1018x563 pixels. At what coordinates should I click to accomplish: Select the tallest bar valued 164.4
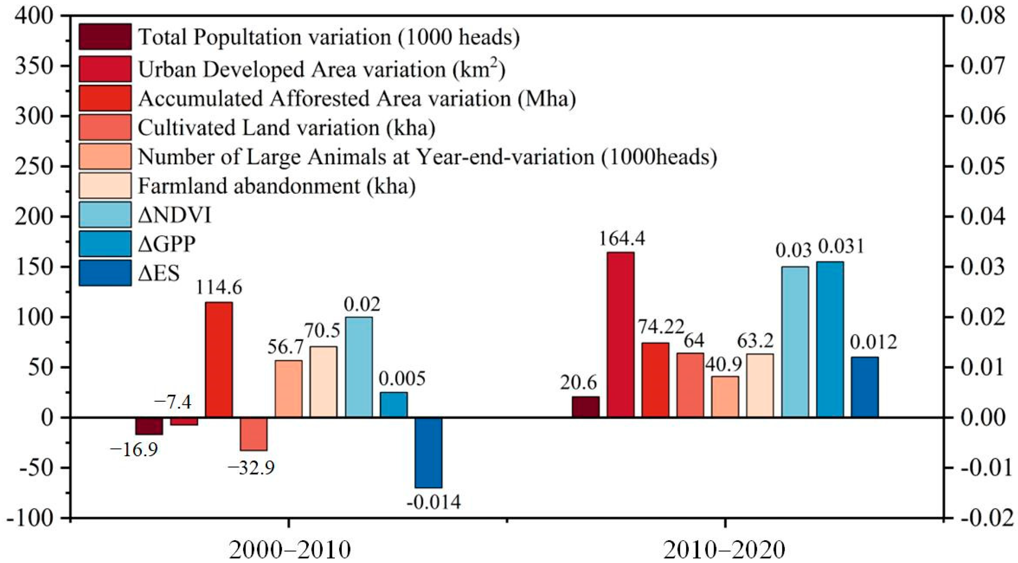click(x=620, y=335)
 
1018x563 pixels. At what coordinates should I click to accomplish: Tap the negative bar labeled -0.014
click(x=429, y=452)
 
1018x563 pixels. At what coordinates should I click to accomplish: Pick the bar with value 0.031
click(x=830, y=339)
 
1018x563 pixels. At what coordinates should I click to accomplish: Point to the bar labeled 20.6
click(x=586, y=407)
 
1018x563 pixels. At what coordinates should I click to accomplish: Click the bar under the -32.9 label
click(x=253, y=434)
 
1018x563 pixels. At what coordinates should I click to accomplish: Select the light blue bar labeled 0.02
click(x=359, y=367)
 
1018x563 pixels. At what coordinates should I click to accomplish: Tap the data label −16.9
click(x=134, y=450)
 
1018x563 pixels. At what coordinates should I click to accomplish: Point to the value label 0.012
click(x=873, y=343)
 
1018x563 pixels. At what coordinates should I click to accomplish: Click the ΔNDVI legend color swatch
click(x=105, y=215)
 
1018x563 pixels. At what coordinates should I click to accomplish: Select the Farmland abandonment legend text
click(x=277, y=186)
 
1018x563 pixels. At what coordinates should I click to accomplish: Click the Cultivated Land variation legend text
click(x=286, y=128)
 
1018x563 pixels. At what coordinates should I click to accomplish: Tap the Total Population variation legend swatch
click(x=105, y=37)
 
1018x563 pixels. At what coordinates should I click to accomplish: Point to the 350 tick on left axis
click(x=34, y=66)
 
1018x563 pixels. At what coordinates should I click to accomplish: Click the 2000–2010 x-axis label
click(x=290, y=550)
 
